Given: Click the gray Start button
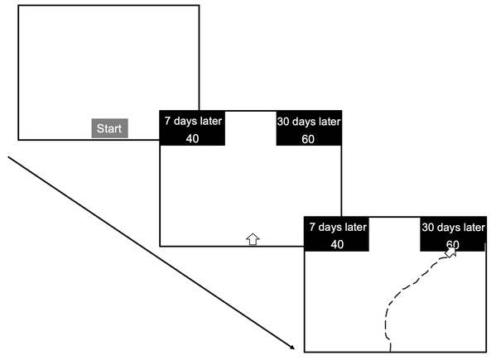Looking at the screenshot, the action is tap(110, 128).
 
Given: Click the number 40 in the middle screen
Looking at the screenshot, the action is tap(192, 139).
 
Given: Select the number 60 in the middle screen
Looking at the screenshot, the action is tap(308, 139).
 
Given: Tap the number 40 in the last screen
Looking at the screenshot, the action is tap(337, 245).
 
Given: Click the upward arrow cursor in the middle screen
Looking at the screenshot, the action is tap(253, 239).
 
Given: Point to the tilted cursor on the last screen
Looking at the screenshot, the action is tap(450, 252).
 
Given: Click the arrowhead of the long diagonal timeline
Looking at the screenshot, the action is tap(292, 348).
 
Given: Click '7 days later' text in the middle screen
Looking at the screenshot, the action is tap(193, 121).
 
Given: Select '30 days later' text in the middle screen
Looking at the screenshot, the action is tap(309, 122).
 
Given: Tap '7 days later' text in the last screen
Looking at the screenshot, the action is tap(338, 228).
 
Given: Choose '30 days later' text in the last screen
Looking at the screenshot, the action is tap(453, 228).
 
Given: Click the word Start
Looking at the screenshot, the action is tap(109, 128).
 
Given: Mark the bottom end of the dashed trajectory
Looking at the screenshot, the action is tap(390, 351).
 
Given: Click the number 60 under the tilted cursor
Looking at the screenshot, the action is tap(453, 245).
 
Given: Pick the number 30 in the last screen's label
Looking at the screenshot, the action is tap(427, 228).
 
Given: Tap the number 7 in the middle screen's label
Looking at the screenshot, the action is tap(167, 121).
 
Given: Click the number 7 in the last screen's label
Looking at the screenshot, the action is tap(312, 228).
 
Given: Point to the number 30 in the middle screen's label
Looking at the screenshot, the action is tap(283, 122).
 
